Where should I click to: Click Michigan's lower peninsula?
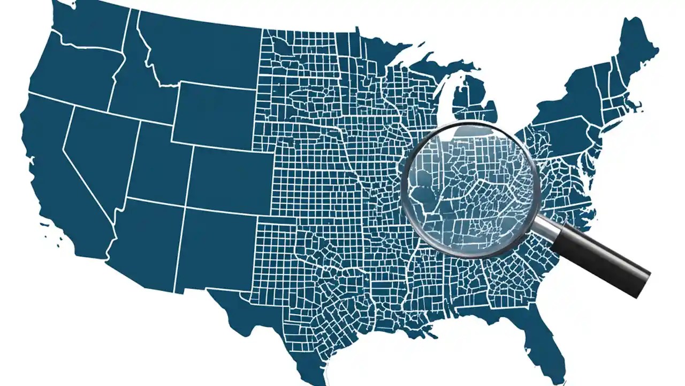[471, 102]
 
